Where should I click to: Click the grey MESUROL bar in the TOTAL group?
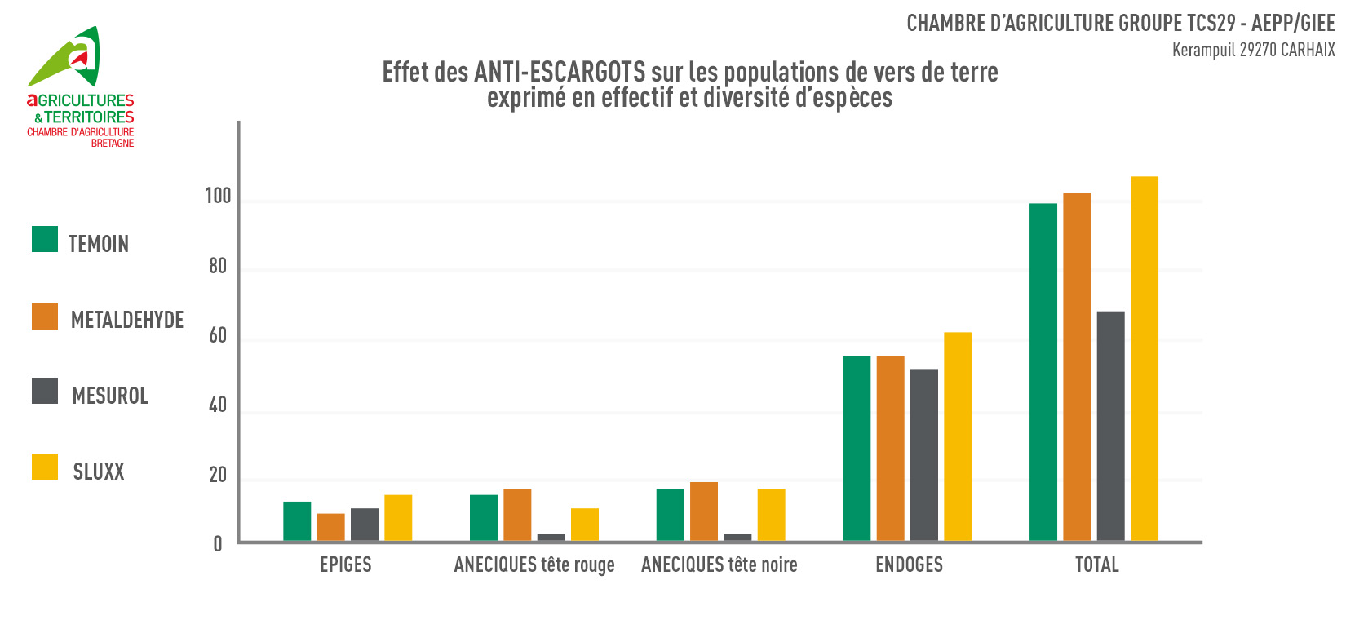tap(1110, 426)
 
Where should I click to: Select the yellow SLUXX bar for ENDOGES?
tap(958, 436)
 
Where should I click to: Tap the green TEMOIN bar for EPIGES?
tap(297, 521)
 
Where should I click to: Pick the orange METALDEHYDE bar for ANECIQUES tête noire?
tap(704, 511)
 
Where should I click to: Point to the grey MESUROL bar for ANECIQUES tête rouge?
tap(551, 537)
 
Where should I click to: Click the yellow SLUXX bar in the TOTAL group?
tap(1144, 359)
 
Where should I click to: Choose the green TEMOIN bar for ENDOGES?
tap(857, 449)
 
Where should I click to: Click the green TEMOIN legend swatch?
tap(45, 239)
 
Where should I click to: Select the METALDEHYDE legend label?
tap(127, 320)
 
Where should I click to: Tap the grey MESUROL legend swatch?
tap(45, 391)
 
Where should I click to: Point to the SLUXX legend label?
tap(99, 472)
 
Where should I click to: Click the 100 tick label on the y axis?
tap(218, 197)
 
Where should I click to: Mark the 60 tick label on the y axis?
tap(218, 336)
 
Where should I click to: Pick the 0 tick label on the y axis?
tap(218, 544)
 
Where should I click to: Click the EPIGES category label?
tap(346, 565)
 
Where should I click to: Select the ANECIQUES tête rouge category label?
tap(534, 565)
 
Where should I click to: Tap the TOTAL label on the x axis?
tap(1097, 565)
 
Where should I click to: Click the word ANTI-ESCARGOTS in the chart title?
tap(560, 73)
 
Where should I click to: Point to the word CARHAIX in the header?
tap(1308, 51)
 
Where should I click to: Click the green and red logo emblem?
tap(69, 57)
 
